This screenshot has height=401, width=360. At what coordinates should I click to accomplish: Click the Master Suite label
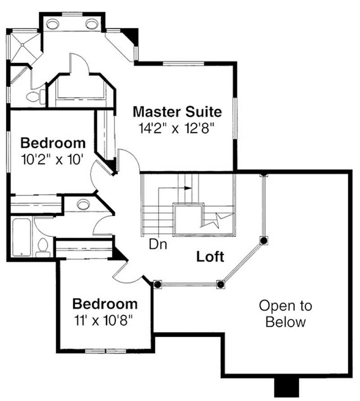[177, 111]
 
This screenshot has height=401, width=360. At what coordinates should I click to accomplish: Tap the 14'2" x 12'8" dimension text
[175, 128]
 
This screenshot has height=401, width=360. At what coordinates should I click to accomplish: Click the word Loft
[210, 257]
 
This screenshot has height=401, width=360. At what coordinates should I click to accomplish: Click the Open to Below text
[285, 314]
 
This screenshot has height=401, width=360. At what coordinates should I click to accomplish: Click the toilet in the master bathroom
[35, 96]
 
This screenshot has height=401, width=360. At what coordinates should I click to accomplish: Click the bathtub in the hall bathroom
[21, 237]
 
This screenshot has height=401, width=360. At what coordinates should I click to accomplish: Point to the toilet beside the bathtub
[43, 247]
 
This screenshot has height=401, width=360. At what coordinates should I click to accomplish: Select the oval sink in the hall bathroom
[82, 205]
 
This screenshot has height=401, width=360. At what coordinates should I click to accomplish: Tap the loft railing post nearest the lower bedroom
[157, 284]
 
